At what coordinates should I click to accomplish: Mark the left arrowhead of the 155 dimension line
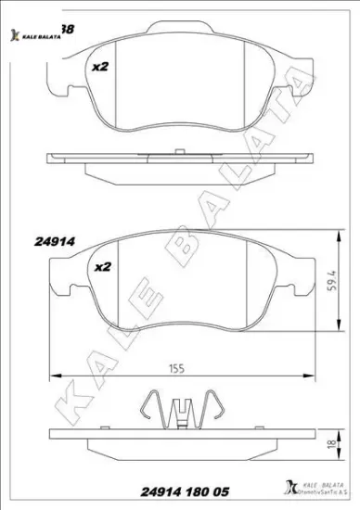pos(51,376)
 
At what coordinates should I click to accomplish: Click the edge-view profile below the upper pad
pos(176,165)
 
